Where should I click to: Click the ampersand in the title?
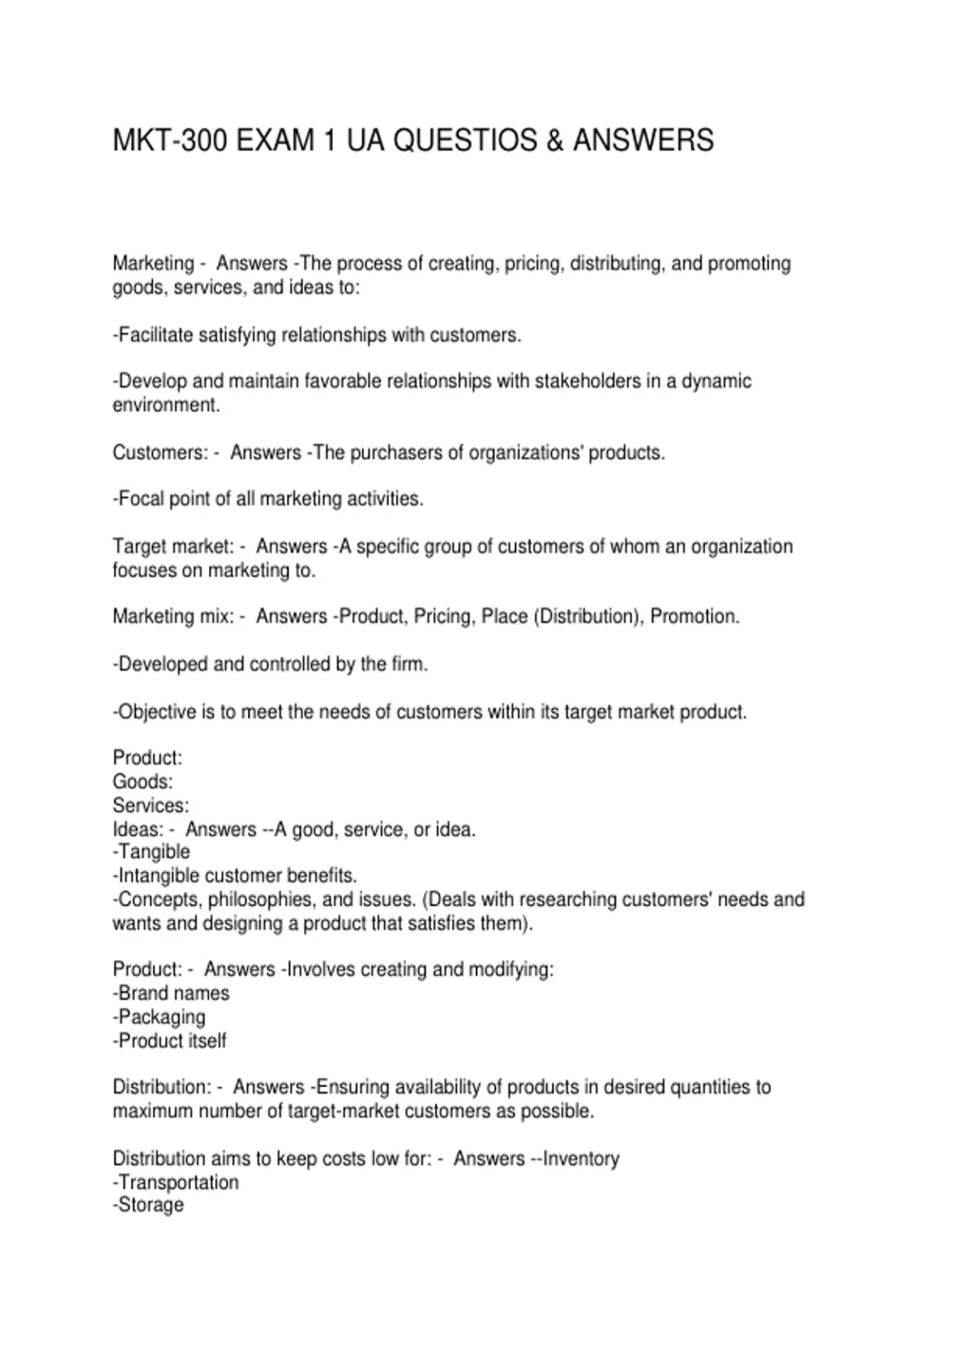tap(555, 141)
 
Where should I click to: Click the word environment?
tap(165, 405)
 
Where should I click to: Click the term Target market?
tap(173, 547)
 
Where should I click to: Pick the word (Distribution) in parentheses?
tap(588, 617)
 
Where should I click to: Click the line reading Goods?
tap(142, 782)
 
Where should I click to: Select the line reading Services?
tap(151, 806)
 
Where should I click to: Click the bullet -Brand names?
tap(171, 993)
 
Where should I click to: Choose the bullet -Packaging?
tap(159, 1017)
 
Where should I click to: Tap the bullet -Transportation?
tap(176, 1183)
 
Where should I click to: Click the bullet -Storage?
tap(149, 1205)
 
